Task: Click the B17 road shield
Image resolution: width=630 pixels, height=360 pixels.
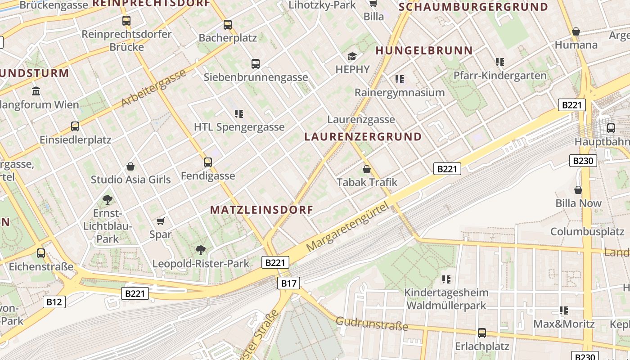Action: click(288, 283)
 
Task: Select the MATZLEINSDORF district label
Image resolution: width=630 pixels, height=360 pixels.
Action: click(261, 210)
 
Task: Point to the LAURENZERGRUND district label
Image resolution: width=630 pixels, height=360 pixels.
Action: click(363, 137)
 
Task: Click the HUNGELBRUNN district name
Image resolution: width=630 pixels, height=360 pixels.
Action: click(424, 51)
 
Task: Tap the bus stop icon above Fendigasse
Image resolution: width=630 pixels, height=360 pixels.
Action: click(207, 162)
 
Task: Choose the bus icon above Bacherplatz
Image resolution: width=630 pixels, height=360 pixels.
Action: click(228, 25)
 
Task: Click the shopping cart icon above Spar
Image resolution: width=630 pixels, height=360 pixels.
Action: click(160, 221)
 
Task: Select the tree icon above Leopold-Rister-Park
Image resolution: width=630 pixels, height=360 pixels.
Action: click(200, 250)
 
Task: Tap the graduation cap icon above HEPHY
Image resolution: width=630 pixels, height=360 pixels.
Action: click(352, 56)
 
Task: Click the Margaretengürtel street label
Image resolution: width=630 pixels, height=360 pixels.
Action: click(347, 226)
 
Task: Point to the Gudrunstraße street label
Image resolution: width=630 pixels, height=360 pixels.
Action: click(372, 324)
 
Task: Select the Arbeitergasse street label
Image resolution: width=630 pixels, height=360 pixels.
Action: click(153, 89)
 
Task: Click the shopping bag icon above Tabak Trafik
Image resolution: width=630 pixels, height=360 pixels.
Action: click(367, 169)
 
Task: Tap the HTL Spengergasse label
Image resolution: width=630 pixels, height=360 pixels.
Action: click(239, 127)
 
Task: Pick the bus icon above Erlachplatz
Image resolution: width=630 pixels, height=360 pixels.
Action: click(482, 333)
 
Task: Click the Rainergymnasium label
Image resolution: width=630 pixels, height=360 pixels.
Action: click(400, 93)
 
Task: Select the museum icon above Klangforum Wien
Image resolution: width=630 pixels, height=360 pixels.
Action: click(36, 91)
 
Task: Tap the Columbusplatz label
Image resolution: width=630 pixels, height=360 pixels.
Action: click(587, 232)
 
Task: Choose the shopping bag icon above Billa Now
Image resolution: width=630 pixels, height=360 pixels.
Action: click(578, 190)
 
